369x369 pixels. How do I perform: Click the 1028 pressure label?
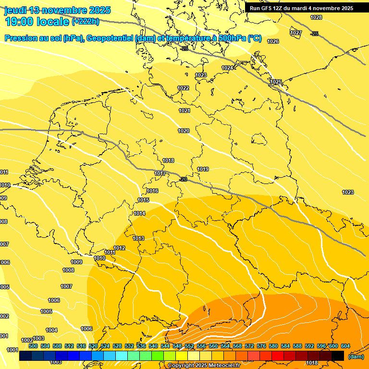click(x=316, y=17)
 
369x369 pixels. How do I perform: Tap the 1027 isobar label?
click(x=296, y=33)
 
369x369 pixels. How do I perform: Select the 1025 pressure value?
click(x=276, y=82)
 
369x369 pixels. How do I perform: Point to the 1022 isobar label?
click(x=183, y=88)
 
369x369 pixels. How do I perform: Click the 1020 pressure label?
click(x=184, y=131)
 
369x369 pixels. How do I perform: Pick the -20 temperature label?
click(x=183, y=179)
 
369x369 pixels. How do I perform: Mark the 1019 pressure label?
click(x=203, y=169)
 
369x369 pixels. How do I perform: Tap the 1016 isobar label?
click(x=152, y=191)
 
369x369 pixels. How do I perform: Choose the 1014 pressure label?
click(x=139, y=213)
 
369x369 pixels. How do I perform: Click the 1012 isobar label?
click(x=119, y=248)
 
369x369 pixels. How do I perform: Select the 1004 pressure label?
click(x=51, y=330)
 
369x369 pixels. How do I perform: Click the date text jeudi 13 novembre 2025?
click(x=57, y=10)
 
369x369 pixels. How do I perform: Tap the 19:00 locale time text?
click(x=37, y=21)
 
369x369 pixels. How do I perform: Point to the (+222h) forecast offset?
click(x=86, y=22)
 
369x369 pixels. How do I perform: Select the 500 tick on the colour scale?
click(x=33, y=346)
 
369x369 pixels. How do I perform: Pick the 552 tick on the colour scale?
click(x=189, y=346)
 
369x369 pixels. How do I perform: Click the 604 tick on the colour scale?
click(x=345, y=346)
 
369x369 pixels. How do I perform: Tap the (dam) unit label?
click(x=356, y=356)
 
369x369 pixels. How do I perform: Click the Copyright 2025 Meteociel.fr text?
click(x=204, y=365)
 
